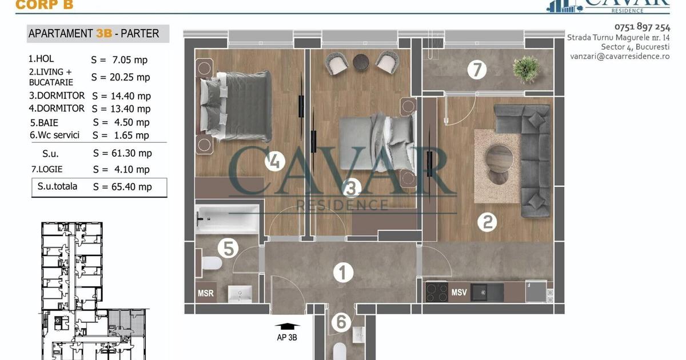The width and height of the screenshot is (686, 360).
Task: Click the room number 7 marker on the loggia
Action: pyautogui.click(x=477, y=70)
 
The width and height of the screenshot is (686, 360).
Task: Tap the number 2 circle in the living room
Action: pyautogui.click(x=487, y=222)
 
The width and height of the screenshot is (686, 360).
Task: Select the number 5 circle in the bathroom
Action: pyautogui.click(x=228, y=248)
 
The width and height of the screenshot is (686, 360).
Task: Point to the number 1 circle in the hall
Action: pyautogui.click(x=343, y=273)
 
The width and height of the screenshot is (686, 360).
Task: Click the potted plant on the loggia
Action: pyautogui.click(x=526, y=69)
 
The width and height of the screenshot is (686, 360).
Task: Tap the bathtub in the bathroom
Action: pyautogui.click(x=228, y=219)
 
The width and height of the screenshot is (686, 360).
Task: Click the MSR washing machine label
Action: pyautogui.click(x=205, y=293)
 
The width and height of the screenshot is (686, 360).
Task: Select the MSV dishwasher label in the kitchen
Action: pyautogui.click(x=458, y=293)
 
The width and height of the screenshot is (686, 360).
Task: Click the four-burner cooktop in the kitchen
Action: pyautogui.click(x=437, y=292)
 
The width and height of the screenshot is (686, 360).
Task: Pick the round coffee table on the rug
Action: pyautogui.click(x=499, y=159)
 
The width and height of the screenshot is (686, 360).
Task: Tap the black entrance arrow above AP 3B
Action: pyautogui.click(x=287, y=326)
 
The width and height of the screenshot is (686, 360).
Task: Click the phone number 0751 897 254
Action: pyautogui.click(x=642, y=27)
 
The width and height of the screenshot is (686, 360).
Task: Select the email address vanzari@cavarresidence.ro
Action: pyautogui.click(x=620, y=57)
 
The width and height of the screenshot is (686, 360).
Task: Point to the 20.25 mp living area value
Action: pyautogui.click(x=130, y=77)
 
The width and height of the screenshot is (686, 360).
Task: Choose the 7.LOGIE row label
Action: pyautogui.click(x=47, y=169)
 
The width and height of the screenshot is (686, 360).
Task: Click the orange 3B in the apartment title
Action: pyautogui.click(x=104, y=33)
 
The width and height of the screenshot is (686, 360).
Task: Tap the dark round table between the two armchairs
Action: pyautogui.click(x=361, y=63)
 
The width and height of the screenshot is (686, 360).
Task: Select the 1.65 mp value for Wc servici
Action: pyautogui.click(x=131, y=135)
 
